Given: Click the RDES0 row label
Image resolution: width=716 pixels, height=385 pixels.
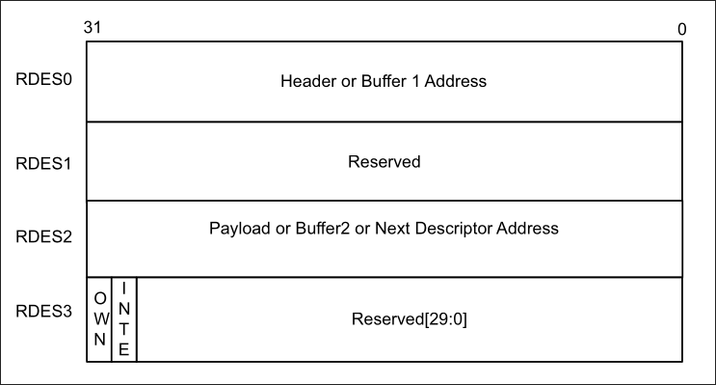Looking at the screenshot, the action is point(43,79).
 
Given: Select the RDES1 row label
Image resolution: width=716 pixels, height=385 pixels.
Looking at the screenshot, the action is point(43,164).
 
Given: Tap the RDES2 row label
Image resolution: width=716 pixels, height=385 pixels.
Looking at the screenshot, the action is point(43,236).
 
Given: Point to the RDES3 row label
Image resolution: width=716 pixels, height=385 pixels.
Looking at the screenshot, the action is point(43,312).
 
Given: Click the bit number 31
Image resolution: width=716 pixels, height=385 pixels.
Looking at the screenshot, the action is point(93,27).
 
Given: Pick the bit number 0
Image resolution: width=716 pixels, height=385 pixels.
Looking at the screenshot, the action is point(681,29).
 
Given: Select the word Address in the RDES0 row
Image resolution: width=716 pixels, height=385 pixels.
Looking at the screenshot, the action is point(456,81).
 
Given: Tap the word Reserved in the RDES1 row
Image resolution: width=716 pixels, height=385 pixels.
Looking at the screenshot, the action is point(385,162).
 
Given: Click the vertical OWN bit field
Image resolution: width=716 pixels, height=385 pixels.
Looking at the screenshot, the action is point(100,318).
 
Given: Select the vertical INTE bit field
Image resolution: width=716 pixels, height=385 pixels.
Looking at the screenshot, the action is point(123,318).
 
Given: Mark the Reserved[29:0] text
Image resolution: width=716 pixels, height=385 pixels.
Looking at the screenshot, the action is point(410,319).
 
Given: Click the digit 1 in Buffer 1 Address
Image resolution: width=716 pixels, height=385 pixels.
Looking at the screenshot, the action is point(415,81).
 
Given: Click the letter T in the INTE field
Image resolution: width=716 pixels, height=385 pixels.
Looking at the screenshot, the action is point(123,329).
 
